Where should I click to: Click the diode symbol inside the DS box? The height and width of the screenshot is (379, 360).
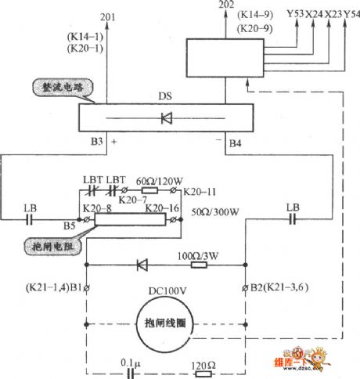click(165, 120)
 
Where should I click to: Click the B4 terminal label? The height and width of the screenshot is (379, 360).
click(235, 144)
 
